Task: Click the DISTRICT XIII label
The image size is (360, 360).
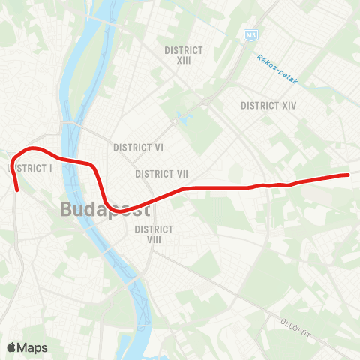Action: pyautogui.click(x=184, y=55)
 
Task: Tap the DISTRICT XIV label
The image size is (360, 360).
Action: pyautogui.click(x=269, y=106)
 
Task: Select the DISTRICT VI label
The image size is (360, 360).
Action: pyautogui.click(x=139, y=148)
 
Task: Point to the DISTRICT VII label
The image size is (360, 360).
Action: pyautogui.click(x=161, y=174)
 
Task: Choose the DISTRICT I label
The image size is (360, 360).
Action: pyautogui.click(x=31, y=169)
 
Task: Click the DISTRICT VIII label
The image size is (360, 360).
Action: pyautogui.click(x=154, y=234)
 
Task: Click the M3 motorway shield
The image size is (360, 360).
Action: pyautogui.click(x=250, y=35)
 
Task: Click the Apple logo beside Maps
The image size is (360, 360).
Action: pyautogui.click(x=12, y=347)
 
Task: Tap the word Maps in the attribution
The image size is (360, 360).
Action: pyautogui.click(x=33, y=347)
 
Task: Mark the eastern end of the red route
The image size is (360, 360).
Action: pyautogui.click(x=348, y=175)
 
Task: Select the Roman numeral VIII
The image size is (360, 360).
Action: pyautogui.click(x=154, y=239)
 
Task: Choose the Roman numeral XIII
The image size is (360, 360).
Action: pyautogui.click(x=184, y=61)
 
